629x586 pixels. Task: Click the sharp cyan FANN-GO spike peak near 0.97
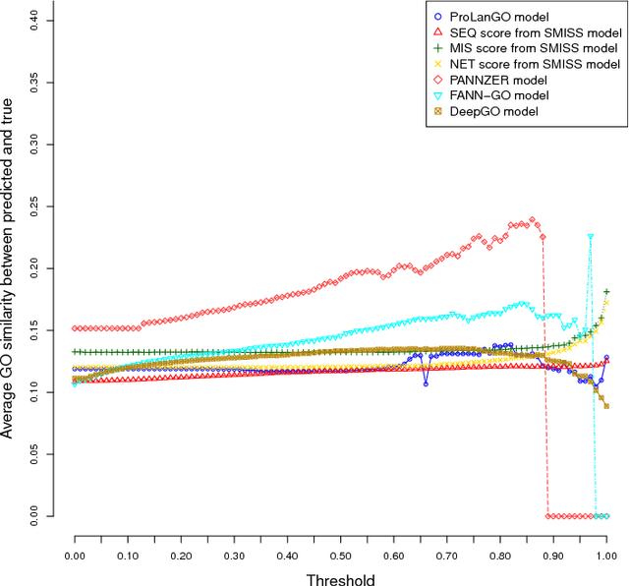click(591, 237)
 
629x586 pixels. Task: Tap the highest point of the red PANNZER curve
click(532, 220)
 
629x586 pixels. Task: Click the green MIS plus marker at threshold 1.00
click(606, 292)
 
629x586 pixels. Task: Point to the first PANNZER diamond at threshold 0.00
click(76, 328)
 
